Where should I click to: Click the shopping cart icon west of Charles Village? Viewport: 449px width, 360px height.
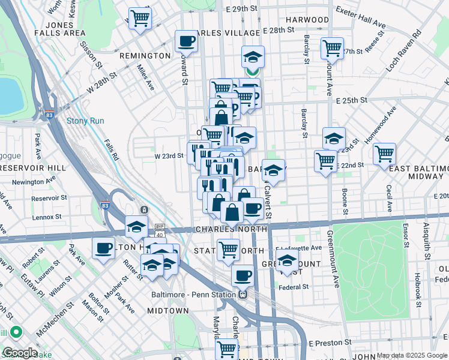point(140,18)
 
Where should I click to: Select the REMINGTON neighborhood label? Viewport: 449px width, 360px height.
point(145,56)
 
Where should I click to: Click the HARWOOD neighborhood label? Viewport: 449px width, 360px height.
point(307,20)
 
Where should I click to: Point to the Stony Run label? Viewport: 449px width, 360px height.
point(85,121)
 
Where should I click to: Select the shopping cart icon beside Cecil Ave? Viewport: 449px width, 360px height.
point(384,154)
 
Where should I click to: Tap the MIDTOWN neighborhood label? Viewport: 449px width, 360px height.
point(167,311)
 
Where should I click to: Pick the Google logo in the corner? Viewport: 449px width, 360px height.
point(19,353)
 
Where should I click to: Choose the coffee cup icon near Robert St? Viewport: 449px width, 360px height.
point(104,248)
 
